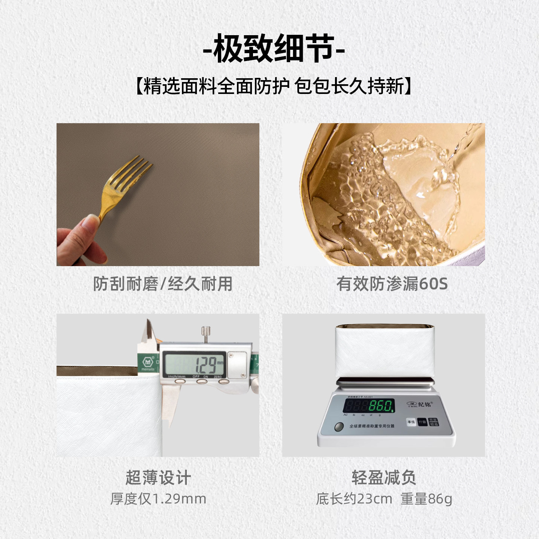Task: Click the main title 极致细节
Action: tap(273, 49)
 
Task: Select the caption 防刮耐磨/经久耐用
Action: tap(163, 284)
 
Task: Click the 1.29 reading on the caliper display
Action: tap(206, 364)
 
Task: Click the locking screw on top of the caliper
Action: tap(205, 333)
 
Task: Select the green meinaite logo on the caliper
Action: tap(148, 362)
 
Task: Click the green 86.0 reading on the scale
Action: tap(381, 405)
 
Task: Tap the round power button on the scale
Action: tap(339, 427)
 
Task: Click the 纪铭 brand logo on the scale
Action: tap(420, 404)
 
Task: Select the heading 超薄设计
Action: tap(158, 478)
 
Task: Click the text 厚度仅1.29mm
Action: tap(158, 499)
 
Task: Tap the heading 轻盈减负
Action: tap(384, 478)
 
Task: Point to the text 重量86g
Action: tap(426, 499)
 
